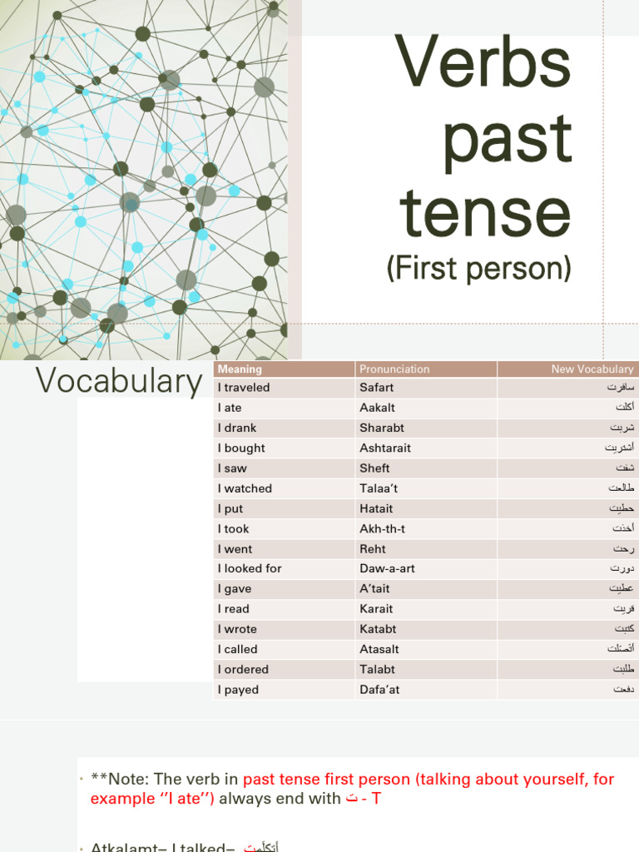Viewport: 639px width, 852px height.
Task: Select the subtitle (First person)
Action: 479,268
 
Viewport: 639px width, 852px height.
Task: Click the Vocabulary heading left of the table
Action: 119,381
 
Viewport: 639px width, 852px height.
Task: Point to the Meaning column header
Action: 240,369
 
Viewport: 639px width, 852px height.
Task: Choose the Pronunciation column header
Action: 394,369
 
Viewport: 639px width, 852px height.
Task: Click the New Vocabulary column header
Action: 592,369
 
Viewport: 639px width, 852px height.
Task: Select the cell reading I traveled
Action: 244,388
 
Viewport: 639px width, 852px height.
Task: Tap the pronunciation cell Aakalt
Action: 377,408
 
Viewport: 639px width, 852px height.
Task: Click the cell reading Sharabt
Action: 382,428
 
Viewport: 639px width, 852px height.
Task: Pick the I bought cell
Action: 241,448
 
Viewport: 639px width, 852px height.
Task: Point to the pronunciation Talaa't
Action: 382,488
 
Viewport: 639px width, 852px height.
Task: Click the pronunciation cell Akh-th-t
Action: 382,528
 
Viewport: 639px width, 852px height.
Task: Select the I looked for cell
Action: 250,568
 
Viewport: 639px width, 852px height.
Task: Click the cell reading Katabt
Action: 378,629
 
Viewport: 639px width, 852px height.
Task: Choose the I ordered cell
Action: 243,669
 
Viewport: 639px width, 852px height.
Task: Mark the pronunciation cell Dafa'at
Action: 379,690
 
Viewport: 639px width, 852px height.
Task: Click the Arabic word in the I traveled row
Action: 621,388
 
